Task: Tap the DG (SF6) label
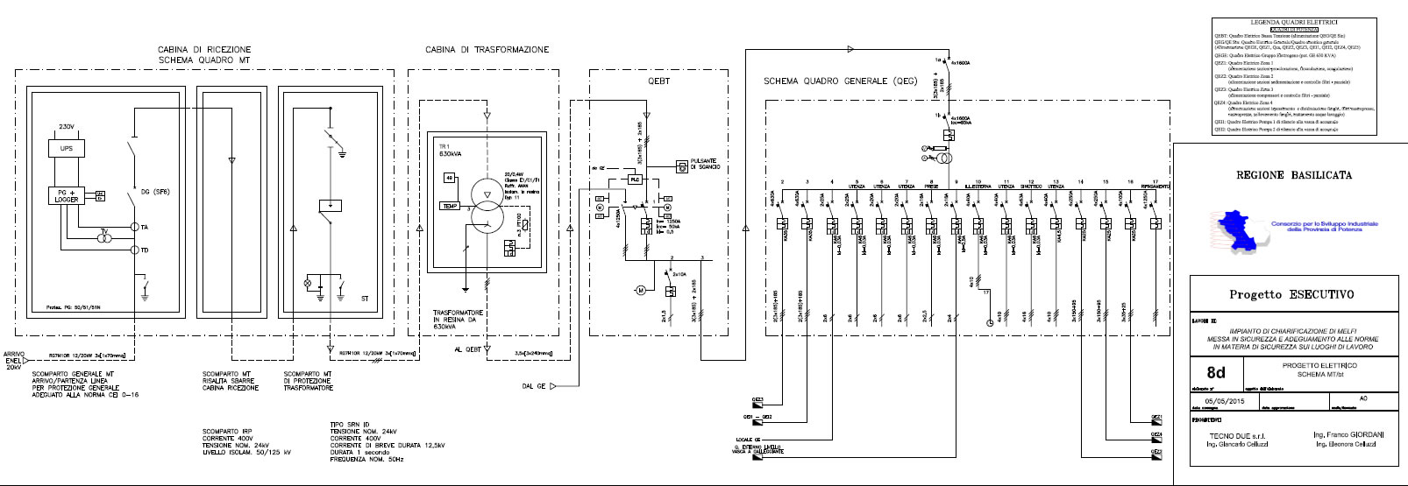coord(155,192)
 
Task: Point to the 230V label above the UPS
coord(67,126)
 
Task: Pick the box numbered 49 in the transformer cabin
coord(449,178)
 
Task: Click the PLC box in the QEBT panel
coord(636,179)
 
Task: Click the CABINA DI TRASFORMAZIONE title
coord(487,50)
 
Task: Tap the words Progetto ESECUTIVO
coord(1291,295)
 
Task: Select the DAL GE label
coord(533,386)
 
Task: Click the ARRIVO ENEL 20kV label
coord(18,360)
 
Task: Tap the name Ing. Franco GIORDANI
coord(1350,435)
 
